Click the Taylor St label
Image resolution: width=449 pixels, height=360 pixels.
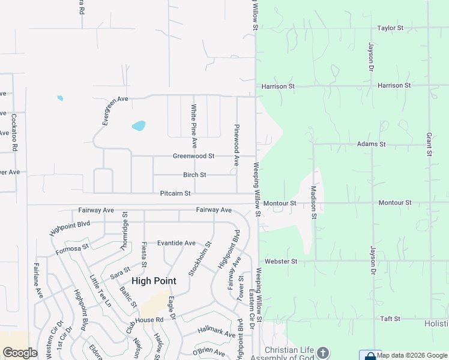[x=393, y=28]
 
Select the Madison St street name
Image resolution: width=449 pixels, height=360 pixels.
[x=313, y=202]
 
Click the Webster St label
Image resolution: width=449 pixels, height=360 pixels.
[x=282, y=262]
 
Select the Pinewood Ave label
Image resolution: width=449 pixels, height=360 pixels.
[x=237, y=146]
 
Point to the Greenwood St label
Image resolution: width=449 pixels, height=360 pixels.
[x=193, y=156]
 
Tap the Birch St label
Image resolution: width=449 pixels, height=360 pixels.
[x=194, y=175]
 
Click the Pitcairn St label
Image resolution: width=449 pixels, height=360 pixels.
[x=175, y=193]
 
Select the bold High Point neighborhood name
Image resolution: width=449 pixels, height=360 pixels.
[x=154, y=281]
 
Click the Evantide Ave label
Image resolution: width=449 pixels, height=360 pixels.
[x=176, y=243]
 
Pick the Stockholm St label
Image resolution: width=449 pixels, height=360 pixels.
[x=200, y=259]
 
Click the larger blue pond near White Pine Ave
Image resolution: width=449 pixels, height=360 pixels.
[x=139, y=126]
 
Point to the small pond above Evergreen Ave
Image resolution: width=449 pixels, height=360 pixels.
[x=59, y=98]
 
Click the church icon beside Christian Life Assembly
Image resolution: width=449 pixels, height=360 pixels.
[x=323, y=352]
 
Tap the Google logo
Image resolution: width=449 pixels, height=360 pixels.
[x=20, y=353]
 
